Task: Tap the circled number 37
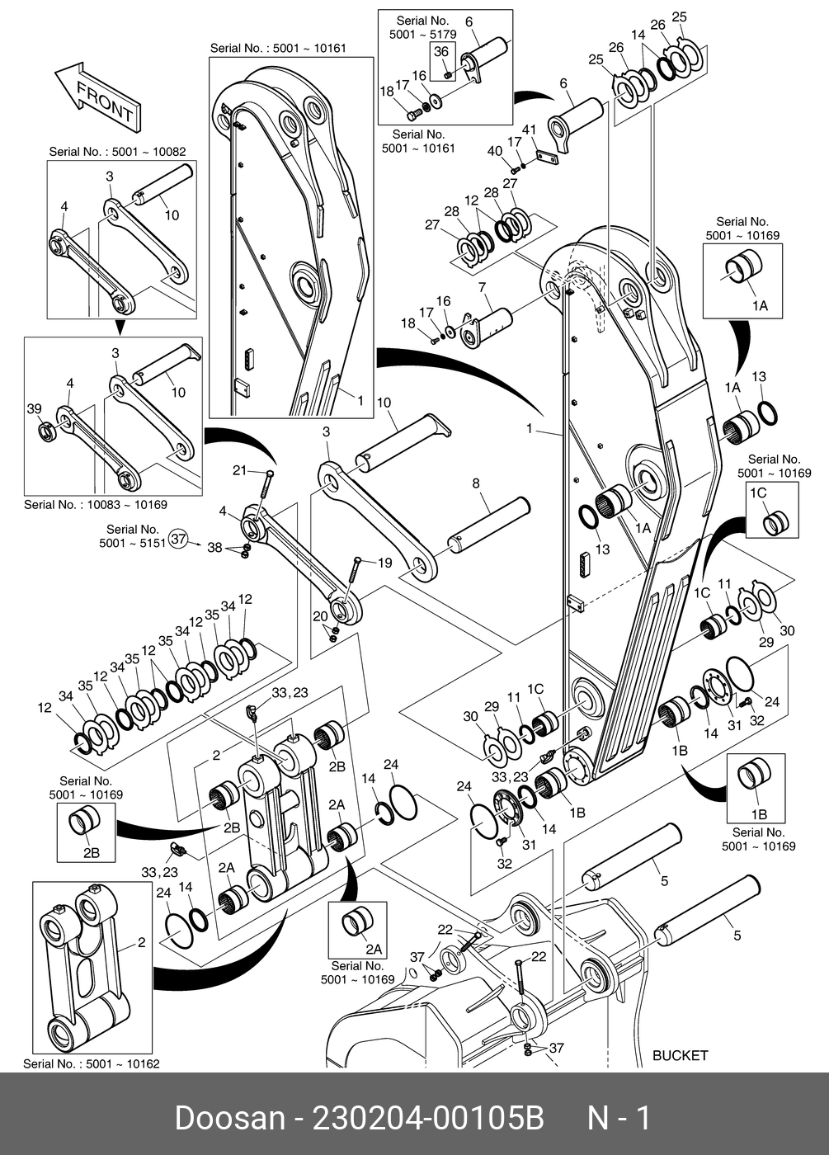point(179,539)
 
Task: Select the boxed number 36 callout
point(441,52)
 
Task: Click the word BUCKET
point(680,1054)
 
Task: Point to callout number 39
point(34,410)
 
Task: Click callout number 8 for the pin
point(476,483)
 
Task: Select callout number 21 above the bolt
point(239,470)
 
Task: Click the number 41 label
point(530,130)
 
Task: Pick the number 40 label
point(494,150)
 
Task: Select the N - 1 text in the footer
point(619,1119)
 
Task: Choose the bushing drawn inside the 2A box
point(356,919)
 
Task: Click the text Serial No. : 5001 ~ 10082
point(117,152)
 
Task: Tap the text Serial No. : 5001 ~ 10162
point(92,1063)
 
